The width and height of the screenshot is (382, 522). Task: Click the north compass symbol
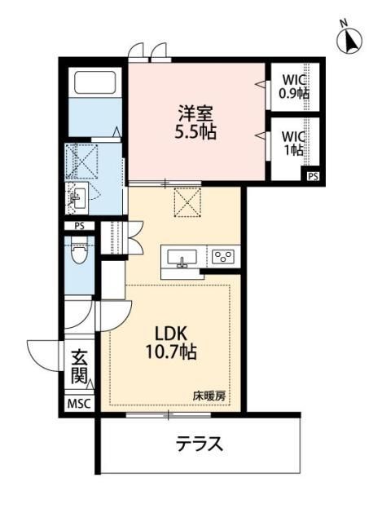click(x=351, y=39)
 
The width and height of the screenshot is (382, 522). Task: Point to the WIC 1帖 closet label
click(x=293, y=143)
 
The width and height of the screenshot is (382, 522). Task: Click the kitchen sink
click(x=182, y=259)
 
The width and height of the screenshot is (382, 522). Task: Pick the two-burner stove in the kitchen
click(x=222, y=258)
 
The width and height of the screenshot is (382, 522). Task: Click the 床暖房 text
click(x=209, y=396)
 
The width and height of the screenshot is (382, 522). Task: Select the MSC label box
click(x=79, y=404)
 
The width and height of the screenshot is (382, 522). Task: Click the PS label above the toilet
click(x=79, y=226)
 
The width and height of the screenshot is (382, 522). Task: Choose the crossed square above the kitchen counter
click(x=187, y=201)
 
